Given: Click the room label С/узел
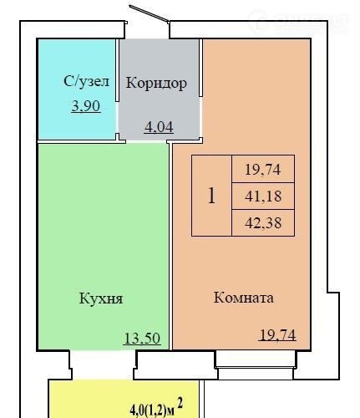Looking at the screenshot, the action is click(x=87, y=81).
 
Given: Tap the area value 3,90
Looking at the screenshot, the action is click(x=86, y=106).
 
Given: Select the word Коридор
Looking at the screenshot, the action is click(x=156, y=83).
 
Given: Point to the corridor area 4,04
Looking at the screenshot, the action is click(x=159, y=127).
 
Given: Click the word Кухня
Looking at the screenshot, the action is click(x=101, y=298).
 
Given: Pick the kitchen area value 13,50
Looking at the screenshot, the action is click(x=142, y=339).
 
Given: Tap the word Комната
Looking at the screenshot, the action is click(x=244, y=298).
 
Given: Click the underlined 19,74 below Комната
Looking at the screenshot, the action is click(x=277, y=335).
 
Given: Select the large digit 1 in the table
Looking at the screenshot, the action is click(x=211, y=196).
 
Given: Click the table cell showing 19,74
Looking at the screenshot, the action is click(x=263, y=169).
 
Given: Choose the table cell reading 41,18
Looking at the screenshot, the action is click(x=263, y=196).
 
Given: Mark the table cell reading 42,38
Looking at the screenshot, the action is click(x=263, y=223).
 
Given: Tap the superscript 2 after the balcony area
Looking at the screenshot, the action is click(x=180, y=403).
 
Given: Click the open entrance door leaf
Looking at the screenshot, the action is click(x=149, y=13).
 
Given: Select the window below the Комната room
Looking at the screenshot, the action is click(x=256, y=365).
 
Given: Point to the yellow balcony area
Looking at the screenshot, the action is click(x=124, y=399).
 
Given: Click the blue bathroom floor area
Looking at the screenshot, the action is click(x=77, y=89).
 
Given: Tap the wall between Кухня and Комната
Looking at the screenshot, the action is click(x=170, y=246).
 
